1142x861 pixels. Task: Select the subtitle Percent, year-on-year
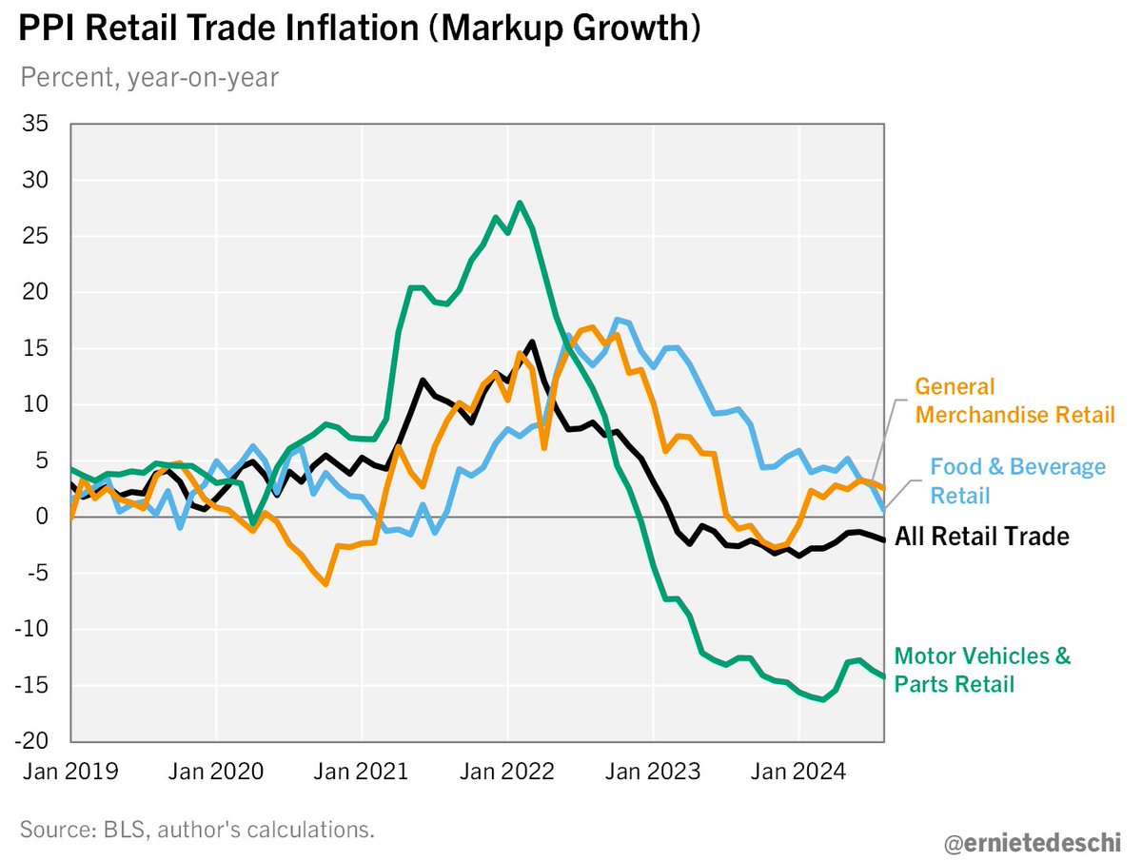click(x=149, y=77)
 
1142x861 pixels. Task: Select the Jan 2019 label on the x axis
click(x=70, y=772)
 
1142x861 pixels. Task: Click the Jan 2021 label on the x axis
click(x=362, y=772)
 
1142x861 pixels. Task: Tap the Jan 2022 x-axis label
click(x=507, y=772)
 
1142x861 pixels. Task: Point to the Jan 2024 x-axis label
click(x=798, y=772)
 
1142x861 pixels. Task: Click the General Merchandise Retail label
click(x=1014, y=401)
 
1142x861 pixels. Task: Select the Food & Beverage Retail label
click(x=1017, y=480)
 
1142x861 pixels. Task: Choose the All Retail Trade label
click(x=981, y=537)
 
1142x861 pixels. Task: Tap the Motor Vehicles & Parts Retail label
click(x=982, y=670)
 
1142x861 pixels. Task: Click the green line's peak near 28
click(x=520, y=202)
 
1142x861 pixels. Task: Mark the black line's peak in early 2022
click(x=531, y=342)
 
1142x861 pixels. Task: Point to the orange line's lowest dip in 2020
click(x=325, y=583)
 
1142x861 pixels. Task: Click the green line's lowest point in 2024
click(x=822, y=699)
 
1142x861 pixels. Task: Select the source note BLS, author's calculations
click(x=197, y=829)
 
